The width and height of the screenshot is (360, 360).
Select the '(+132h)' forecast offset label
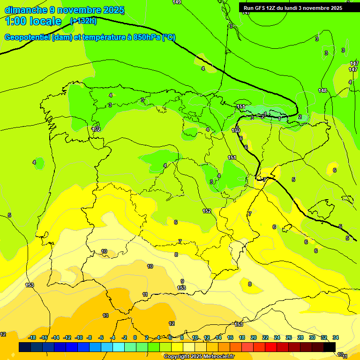tap(83, 21)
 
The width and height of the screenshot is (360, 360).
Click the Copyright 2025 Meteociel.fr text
tap(199, 357)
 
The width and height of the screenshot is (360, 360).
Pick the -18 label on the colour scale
tap(32, 337)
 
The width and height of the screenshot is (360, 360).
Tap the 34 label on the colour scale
tap(336, 337)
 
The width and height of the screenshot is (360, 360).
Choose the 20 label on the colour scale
tap(254, 337)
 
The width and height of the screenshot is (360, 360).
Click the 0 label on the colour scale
tap(135, 337)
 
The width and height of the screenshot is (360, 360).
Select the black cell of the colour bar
tap(330, 347)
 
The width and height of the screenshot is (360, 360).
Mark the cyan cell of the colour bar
tap(119, 347)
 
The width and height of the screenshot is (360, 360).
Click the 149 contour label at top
tap(177, 2)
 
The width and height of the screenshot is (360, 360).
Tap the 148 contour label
tap(322, 90)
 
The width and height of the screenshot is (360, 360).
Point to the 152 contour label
tap(207, 211)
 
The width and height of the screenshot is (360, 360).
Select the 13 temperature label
tap(105, 315)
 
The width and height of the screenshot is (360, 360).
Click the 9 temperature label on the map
tap(182, 281)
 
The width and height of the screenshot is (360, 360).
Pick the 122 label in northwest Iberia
tap(97, 129)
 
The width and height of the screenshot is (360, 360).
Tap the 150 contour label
tap(236, 130)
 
